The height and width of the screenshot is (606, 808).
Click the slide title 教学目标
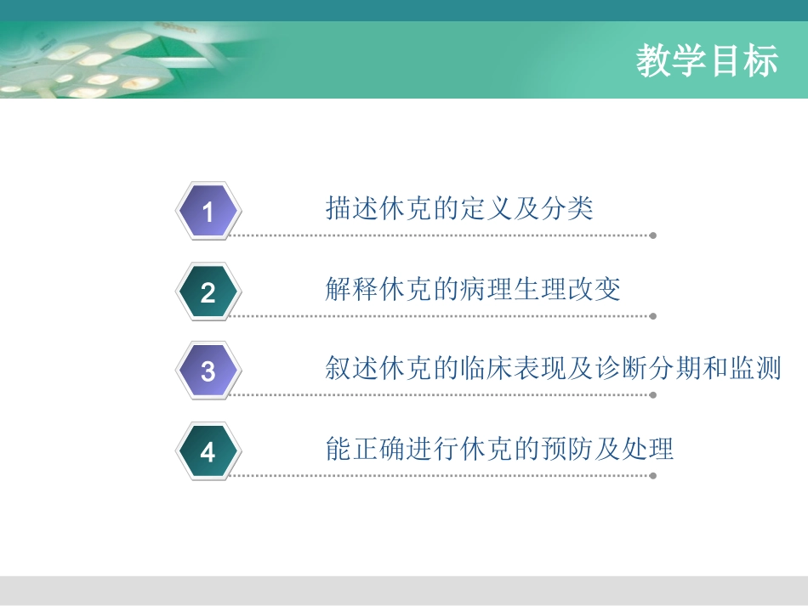click(707, 62)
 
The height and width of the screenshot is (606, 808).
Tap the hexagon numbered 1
click(208, 212)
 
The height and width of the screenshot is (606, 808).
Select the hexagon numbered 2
click(208, 292)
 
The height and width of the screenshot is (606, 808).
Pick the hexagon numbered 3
click(208, 371)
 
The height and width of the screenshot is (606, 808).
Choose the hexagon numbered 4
click(208, 452)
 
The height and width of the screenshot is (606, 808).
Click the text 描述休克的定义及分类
click(459, 208)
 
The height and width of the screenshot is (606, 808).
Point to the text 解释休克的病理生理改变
click(473, 289)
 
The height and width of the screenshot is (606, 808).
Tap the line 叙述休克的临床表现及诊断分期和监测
click(553, 369)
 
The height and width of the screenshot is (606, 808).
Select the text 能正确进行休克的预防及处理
click(499, 449)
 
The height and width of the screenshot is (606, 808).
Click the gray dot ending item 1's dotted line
click(653, 235)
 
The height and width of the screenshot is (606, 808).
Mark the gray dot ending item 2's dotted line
click(653, 316)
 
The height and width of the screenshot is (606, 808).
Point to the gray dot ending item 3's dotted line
click(653, 395)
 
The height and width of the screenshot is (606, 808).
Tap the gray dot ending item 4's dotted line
click(653, 476)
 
